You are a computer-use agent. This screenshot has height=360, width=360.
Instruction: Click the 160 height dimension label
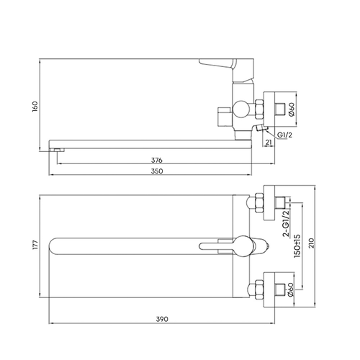[35, 107]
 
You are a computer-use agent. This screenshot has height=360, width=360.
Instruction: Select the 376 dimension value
[157, 160]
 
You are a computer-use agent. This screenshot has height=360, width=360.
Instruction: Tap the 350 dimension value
[157, 171]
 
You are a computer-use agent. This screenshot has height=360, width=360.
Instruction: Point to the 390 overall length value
[162, 319]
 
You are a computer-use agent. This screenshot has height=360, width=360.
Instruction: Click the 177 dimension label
[35, 245]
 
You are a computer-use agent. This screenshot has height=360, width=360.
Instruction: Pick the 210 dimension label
[311, 244]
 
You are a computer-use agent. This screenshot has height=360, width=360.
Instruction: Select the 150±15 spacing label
[297, 246]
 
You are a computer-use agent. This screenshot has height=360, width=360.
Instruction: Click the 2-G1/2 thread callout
[287, 223]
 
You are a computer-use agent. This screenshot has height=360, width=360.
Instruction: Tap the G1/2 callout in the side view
[284, 135]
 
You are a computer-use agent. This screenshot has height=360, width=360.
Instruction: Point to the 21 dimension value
[269, 143]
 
